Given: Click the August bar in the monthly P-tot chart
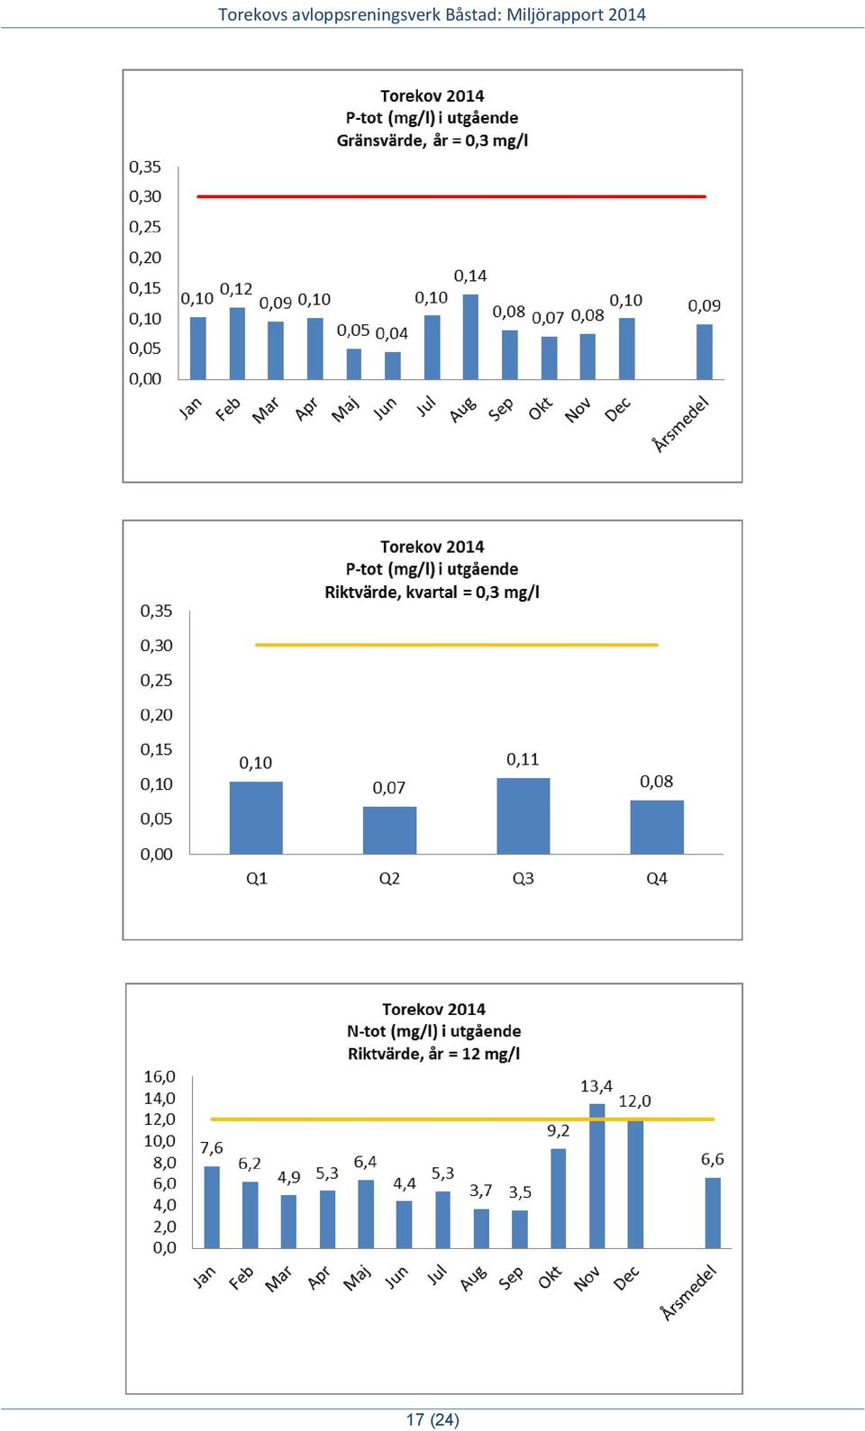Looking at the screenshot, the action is [x=470, y=337].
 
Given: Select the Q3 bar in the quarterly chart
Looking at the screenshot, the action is [x=523, y=816].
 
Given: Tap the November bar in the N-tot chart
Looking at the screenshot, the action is [x=596, y=1176].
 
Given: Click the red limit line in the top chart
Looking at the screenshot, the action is [x=451, y=196].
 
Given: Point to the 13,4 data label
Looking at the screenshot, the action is [x=596, y=1086].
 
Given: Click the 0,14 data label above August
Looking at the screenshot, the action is [x=470, y=276].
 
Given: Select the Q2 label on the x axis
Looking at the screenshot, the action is [x=389, y=878].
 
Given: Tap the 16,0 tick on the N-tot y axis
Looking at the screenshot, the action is [x=159, y=1076].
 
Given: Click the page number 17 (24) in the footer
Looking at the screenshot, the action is [x=432, y=1419].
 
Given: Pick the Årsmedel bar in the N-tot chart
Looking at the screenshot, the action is [x=713, y=1213].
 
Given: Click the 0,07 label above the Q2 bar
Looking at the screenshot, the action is [x=388, y=788].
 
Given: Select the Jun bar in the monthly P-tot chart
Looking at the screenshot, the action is [x=393, y=366].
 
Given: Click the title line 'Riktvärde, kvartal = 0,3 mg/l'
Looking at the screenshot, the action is [x=432, y=593].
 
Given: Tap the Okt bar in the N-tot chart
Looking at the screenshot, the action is [x=558, y=1199].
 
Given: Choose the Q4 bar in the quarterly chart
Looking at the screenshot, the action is [x=657, y=828].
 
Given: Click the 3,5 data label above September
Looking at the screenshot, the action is [x=520, y=1192].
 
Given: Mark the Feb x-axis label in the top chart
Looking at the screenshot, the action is [x=228, y=409].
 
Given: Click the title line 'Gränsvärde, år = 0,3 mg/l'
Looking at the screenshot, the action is [x=432, y=140].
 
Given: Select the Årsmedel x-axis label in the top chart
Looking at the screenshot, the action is [x=681, y=424].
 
